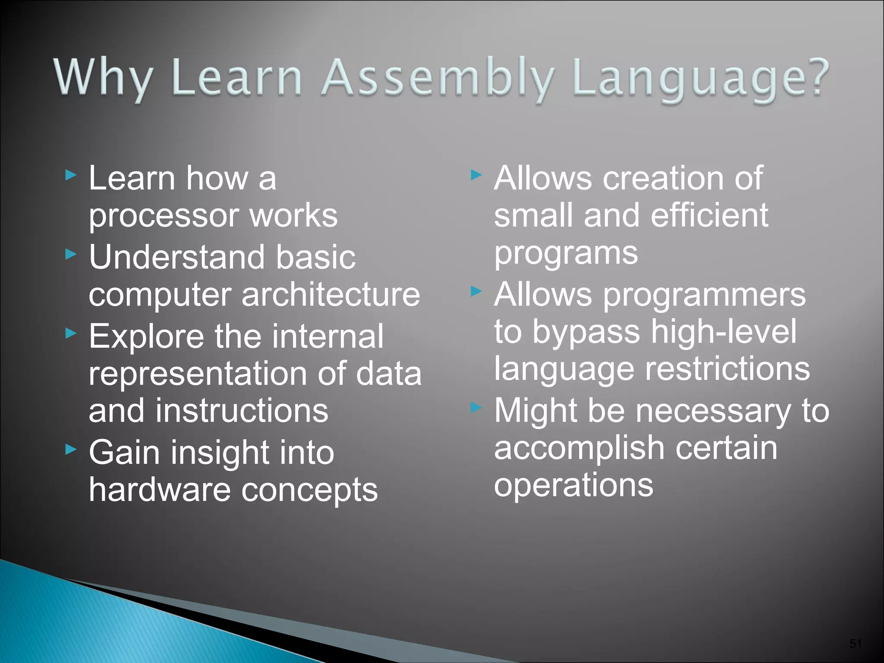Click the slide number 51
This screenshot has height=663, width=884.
pyautogui.click(x=856, y=644)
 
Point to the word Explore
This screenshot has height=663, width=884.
pyautogui.click(x=146, y=337)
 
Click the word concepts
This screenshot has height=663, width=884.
pyautogui.click(x=309, y=491)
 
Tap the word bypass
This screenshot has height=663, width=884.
pyautogui.click(x=586, y=332)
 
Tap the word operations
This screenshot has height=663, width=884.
pyautogui.click(x=574, y=485)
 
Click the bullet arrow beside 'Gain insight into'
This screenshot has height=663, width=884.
pyautogui.click(x=71, y=450)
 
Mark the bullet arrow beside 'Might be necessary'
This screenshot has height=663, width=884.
pyautogui.click(x=476, y=407)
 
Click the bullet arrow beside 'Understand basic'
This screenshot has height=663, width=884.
pyautogui.click(x=71, y=255)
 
